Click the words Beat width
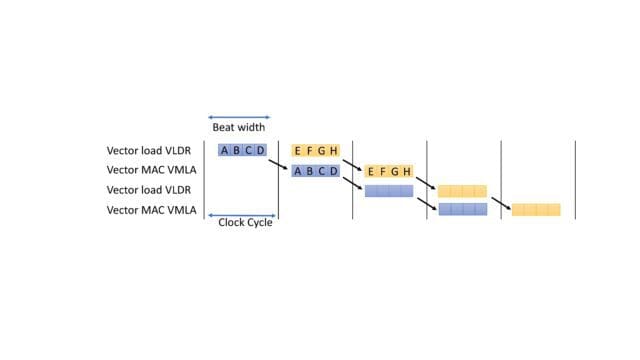click(238, 127)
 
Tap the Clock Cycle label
click(245, 222)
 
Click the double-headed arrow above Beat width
click(239, 117)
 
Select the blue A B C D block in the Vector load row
click(243, 151)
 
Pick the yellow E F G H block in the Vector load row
click(316, 151)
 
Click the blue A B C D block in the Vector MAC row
click(316, 171)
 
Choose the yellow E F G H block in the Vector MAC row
click(389, 171)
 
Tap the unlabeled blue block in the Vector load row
click(389, 191)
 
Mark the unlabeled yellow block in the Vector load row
click(462, 191)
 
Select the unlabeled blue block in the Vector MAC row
click(462, 210)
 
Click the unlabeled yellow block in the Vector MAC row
click(536, 210)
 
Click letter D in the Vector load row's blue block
click(261, 151)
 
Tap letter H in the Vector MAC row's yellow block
click(407, 171)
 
